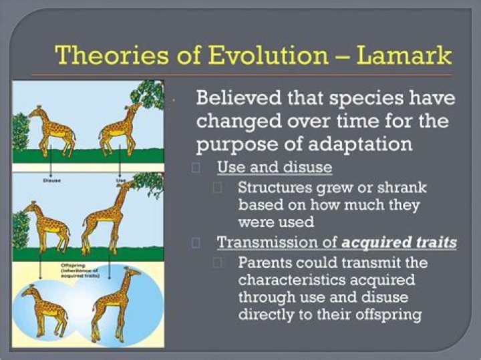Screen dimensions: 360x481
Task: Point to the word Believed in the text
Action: pos(236,98)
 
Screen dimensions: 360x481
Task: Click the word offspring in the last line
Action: pos(388,314)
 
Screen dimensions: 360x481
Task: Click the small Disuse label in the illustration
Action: pos(53,179)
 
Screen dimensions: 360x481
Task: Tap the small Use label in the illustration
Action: pos(120,179)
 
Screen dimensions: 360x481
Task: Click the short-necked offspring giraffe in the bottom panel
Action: pos(45,308)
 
